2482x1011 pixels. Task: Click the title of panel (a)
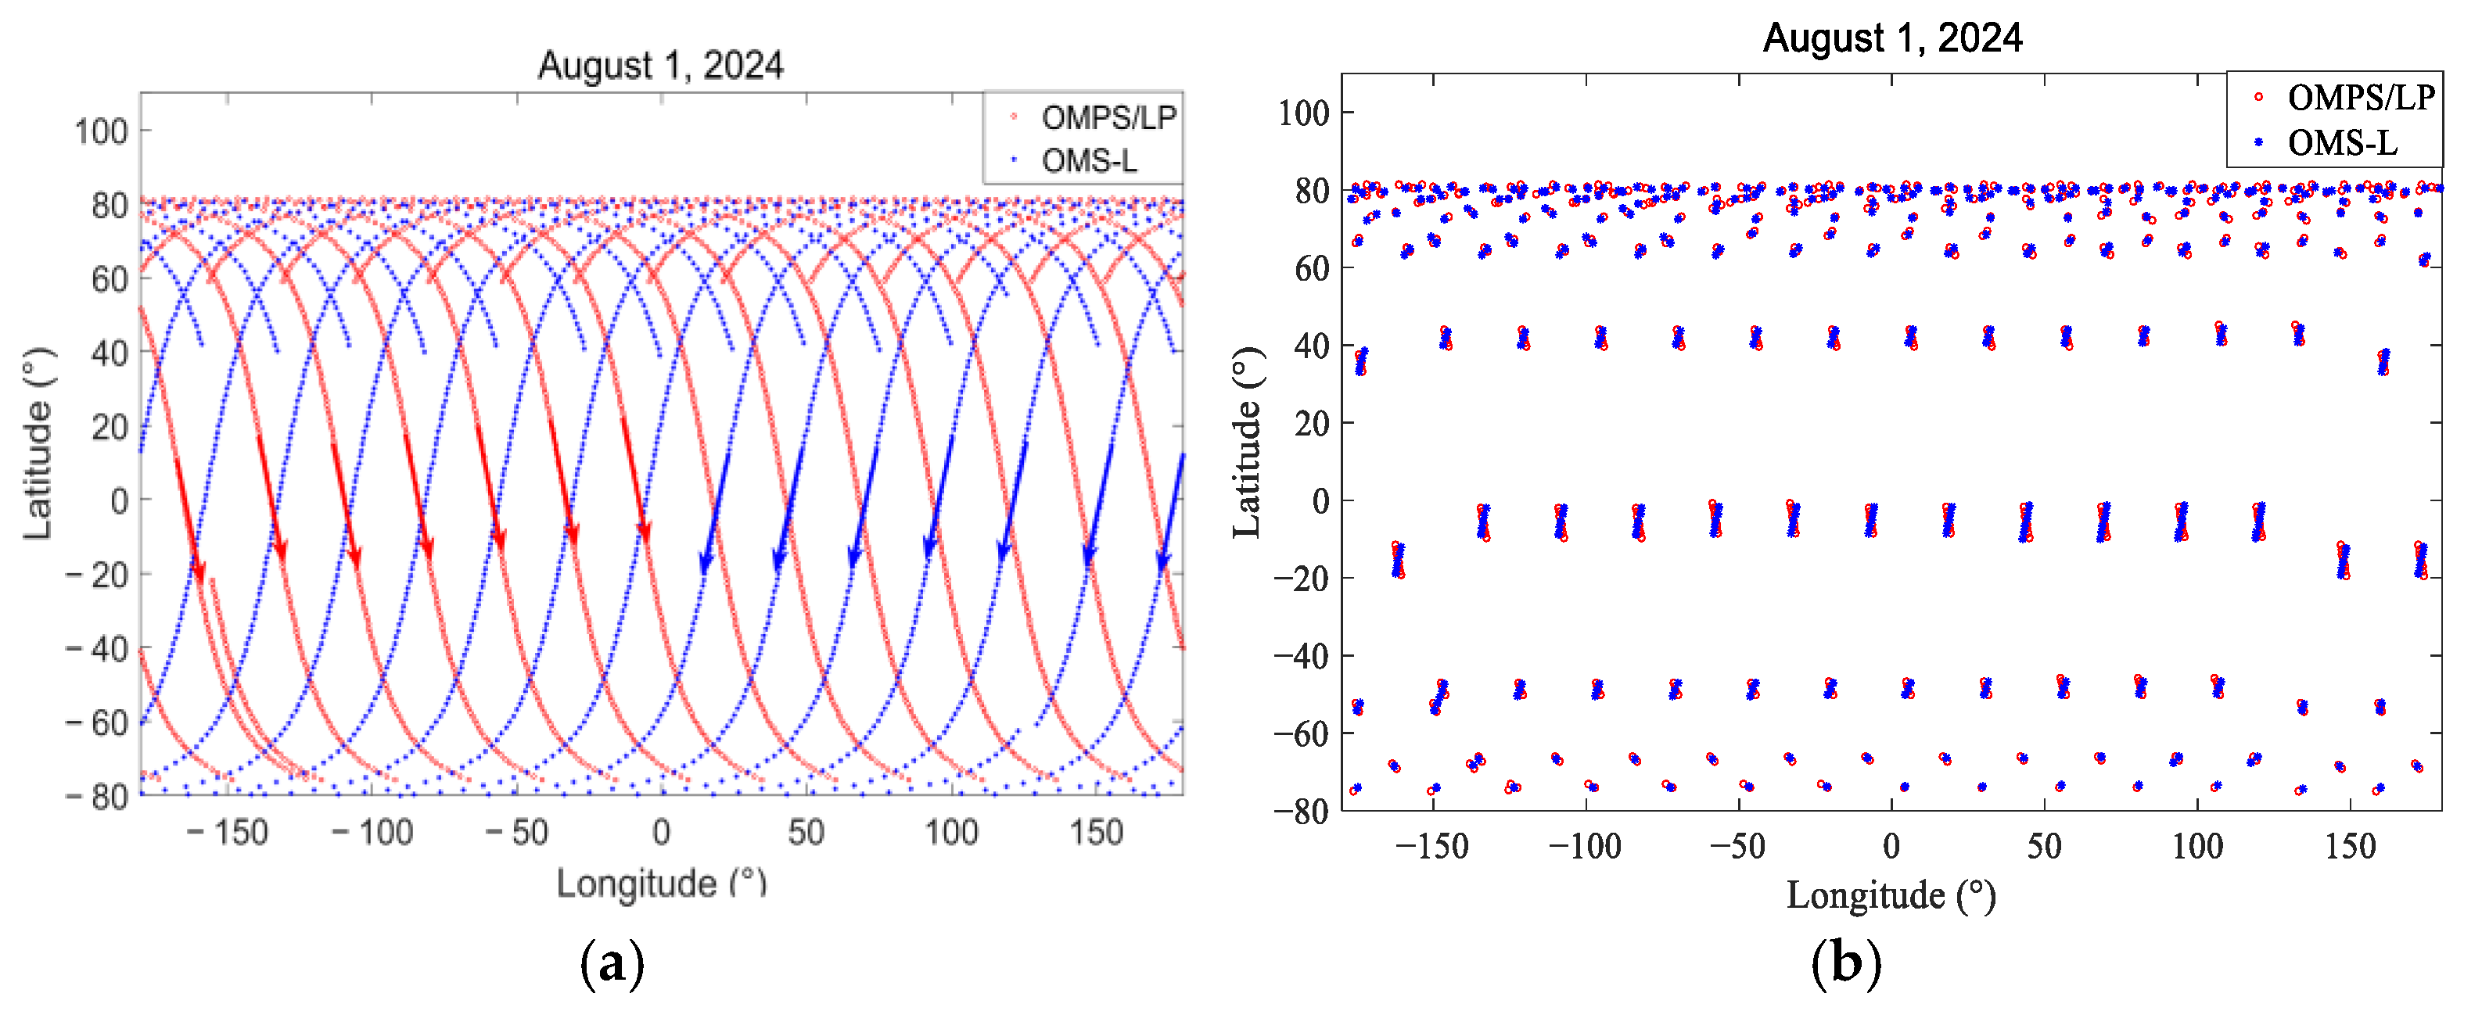660,66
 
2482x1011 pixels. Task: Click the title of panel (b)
1891,38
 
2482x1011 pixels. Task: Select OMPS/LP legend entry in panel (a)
1108,117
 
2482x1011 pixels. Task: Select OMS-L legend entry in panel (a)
1089,160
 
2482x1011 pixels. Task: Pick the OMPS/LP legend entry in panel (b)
2360,97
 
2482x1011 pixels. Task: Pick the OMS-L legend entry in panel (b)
2341,142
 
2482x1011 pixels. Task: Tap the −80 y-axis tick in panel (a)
97,796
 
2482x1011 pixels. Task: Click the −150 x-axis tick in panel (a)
228,832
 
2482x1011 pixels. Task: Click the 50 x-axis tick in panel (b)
2044,846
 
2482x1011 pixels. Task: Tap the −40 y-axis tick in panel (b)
1302,656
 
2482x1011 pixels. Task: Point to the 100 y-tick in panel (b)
1304,113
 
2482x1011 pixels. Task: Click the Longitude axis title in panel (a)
661,883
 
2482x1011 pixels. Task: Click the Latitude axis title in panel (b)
1247,442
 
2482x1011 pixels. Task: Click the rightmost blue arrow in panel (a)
1173,511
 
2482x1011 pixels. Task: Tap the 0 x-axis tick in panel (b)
1891,846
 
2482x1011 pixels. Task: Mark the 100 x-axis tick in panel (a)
951,832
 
